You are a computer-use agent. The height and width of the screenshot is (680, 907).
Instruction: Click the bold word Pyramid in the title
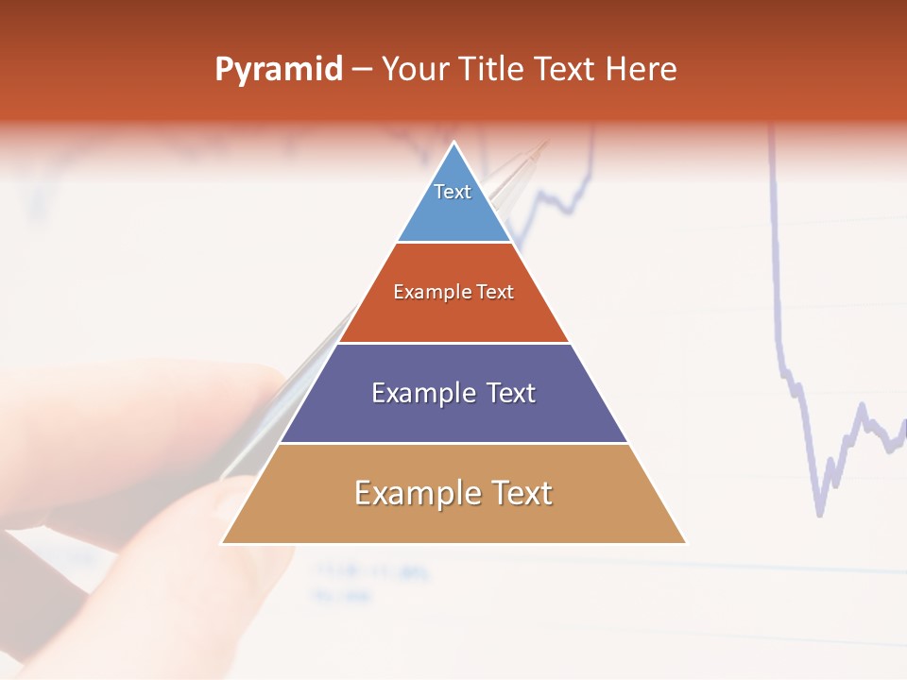pos(278,70)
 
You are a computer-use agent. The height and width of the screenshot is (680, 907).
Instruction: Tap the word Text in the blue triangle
pos(453,192)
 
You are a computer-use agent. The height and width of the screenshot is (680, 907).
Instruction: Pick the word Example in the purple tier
pos(420,393)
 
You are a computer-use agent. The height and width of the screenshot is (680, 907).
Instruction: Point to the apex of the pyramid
pos(454,143)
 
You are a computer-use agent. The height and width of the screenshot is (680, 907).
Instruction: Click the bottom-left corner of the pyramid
pos(223,543)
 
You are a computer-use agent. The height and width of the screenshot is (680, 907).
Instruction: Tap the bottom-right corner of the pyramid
pos(686,543)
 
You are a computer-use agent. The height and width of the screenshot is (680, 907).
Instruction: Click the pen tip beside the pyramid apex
pos(544,144)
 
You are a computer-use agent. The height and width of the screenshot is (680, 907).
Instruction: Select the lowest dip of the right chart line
pos(819,515)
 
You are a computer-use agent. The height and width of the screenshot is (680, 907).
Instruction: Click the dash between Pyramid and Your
pos(362,70)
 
